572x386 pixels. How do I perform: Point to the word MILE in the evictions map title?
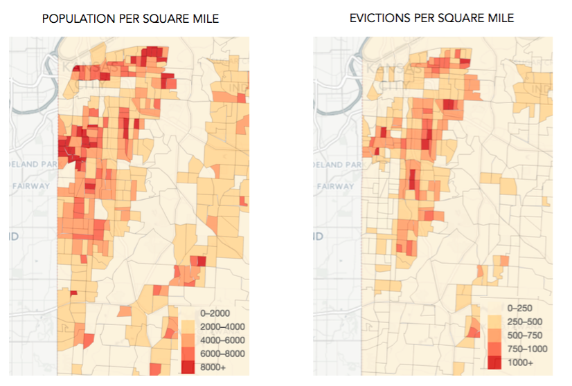click(499, 18)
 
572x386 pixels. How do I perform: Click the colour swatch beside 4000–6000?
click(188, 340)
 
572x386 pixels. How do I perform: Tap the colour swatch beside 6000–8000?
click(188, 353)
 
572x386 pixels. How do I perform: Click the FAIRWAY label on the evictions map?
click(334, 185)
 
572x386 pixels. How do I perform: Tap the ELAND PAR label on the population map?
click(32, 165)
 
